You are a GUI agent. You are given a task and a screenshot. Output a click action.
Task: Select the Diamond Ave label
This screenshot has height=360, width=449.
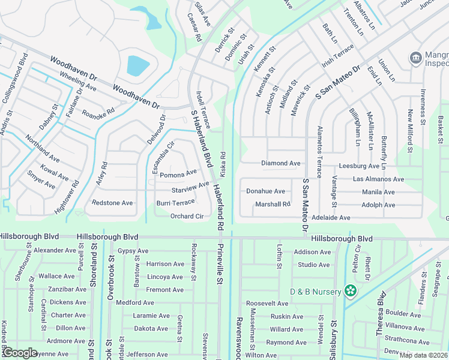pyautogui.click(x=280, y=163)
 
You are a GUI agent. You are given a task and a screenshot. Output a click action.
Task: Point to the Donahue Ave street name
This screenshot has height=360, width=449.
pyautogui.click(x=265, y=191)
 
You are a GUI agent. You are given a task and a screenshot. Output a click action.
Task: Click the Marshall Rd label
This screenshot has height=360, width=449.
pyautogui.click(x=273, y=204)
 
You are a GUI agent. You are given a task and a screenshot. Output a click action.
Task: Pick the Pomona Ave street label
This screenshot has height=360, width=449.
pyautogui.click(x=178, y=173)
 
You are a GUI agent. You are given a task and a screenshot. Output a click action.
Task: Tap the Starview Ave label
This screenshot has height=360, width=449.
pyautogui.click(x=190, y=187)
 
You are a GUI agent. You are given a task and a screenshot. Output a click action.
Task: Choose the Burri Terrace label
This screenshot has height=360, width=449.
pyautogui.click(x=175, y=203)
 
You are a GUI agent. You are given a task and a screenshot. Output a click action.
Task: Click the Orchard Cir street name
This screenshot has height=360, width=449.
pyautogui.click(x=187, y=216)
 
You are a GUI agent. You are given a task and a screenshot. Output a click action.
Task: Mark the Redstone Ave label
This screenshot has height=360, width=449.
pyautogui.click(x=112, y=203)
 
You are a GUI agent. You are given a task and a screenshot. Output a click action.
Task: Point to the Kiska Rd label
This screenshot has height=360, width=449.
pyautogui.click(x=223, y=163)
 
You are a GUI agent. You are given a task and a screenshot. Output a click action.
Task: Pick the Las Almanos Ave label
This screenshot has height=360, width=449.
pyautogui.click(x=378, y=179)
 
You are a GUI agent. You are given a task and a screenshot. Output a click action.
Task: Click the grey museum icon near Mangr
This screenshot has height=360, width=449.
pyautogui.click(x=415, y=58)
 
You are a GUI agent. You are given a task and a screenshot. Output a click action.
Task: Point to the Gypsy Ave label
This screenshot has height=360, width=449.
pyautogui.click(x=133, y=251)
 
